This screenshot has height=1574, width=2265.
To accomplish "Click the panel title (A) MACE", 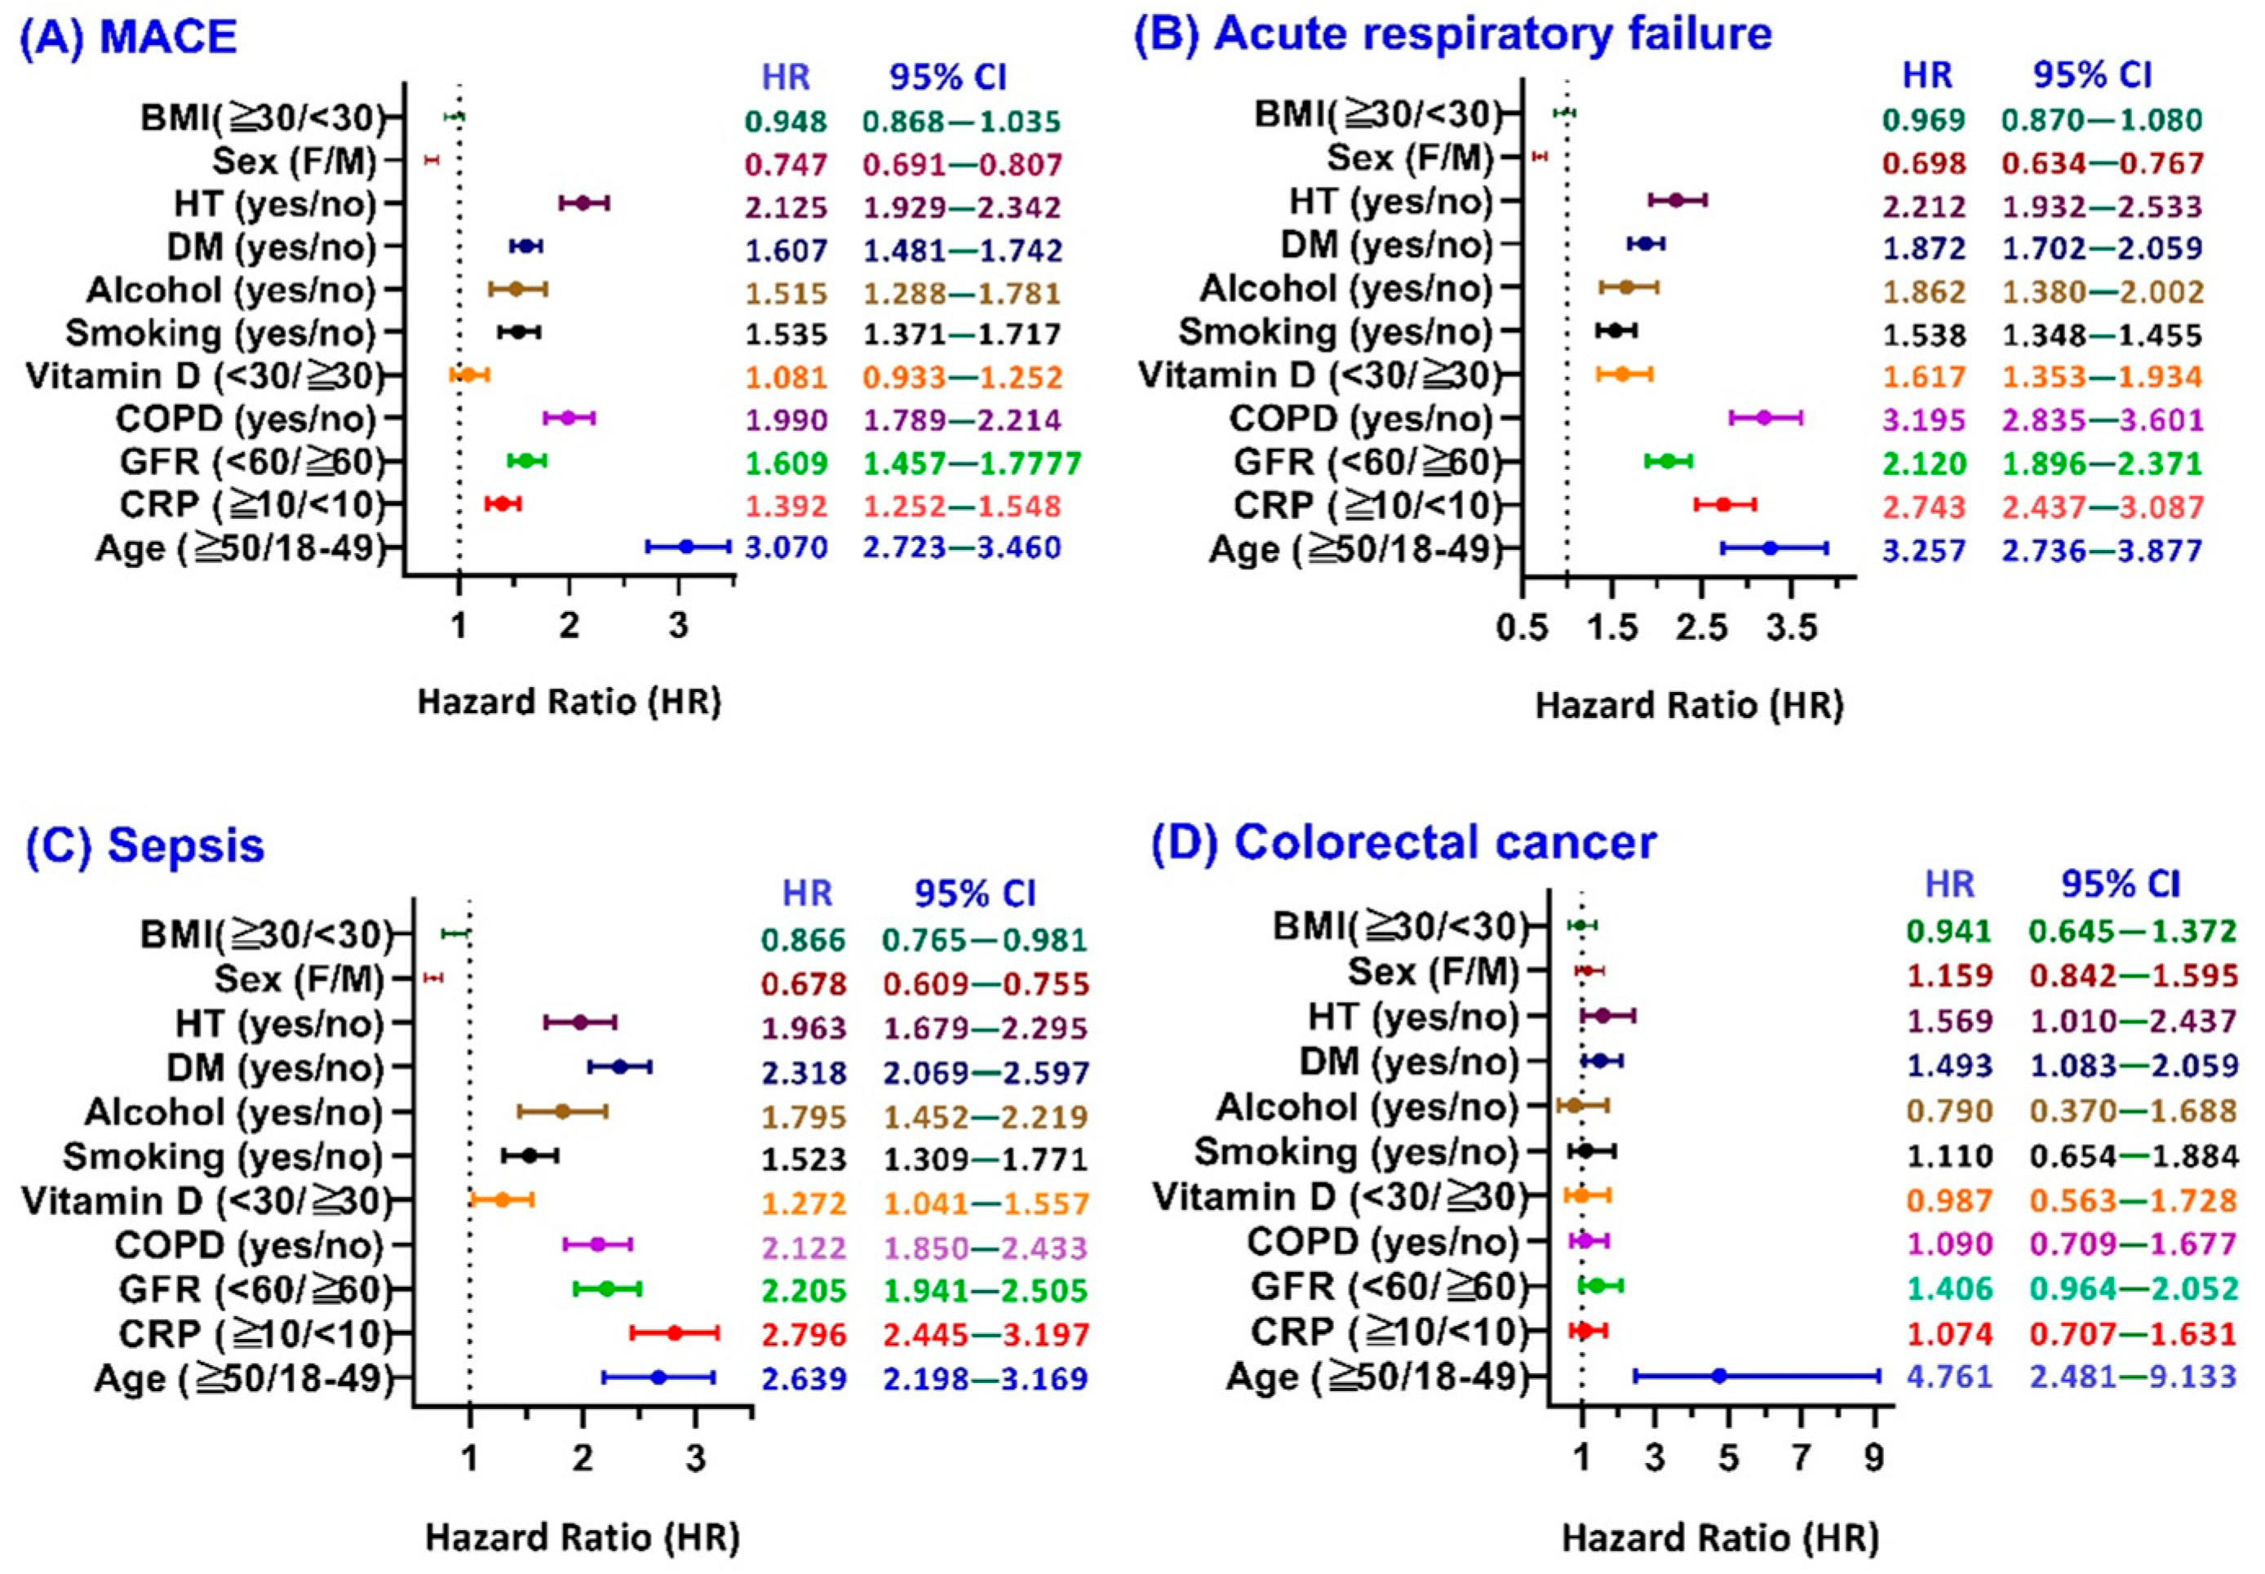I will point(129,37).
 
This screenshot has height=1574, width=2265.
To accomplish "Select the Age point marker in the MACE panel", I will point(686,547).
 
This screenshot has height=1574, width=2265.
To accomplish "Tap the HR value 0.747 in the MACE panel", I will point(786,165).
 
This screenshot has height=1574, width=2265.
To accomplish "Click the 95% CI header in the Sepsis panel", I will point(974,893).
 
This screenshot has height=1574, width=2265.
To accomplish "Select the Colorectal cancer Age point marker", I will point(1718,1375).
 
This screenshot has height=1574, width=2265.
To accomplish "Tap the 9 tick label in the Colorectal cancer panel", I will point(1873,1457).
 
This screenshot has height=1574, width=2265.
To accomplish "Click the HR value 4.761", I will point(1949,1376).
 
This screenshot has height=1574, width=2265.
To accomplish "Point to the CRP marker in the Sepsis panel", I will point(675,1333).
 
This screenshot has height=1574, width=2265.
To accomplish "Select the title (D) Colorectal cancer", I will point(1403,843).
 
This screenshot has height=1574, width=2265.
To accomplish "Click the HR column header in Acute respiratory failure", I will point(1926,76).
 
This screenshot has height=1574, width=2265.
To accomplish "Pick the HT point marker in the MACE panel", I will point(582,203).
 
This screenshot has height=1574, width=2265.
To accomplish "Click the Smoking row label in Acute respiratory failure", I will point(1334,332).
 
